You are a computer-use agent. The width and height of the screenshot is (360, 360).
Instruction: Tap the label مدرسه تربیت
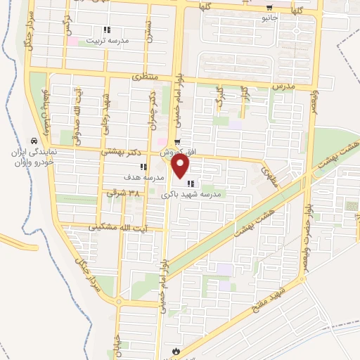coord(108,41)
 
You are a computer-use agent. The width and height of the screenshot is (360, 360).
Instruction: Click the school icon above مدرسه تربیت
coord(107,30)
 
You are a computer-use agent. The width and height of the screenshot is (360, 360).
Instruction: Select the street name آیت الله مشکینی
coord(123,229)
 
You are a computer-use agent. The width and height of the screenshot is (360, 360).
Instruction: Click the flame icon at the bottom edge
coord(174,350)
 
